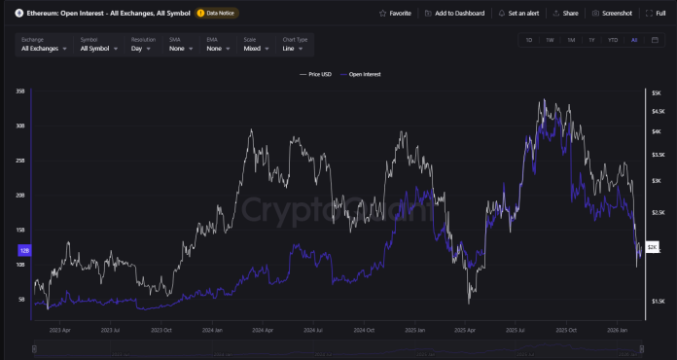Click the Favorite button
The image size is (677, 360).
click(x=394, y=14)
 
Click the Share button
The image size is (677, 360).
click(x=565, y=14)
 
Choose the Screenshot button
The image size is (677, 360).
click(x=612, y=14)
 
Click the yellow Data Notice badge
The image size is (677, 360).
click(x=217, y=14)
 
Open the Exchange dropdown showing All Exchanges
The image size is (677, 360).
click(x=44, y=48)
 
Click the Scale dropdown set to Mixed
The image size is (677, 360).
click(x=257, y=48)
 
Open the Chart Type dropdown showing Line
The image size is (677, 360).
click(x=293, y=48)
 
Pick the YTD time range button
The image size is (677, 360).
click(x=613, y=40)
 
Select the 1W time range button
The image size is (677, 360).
click(x=550, y=40)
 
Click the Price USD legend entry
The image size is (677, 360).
click(x=317, y=73)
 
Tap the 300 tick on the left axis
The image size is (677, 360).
click(x=19, y=126)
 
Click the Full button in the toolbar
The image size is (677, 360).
click(x=657, y=14)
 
